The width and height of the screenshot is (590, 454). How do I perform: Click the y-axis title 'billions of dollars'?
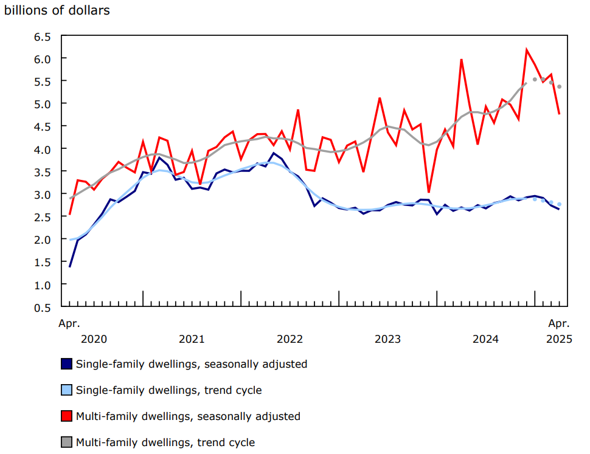coord(57,11)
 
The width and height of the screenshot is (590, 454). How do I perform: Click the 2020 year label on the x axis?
coord(94,339)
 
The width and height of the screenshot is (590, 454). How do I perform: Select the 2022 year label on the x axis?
coord(290,339)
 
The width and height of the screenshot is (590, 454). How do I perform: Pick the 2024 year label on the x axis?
coord(485,339)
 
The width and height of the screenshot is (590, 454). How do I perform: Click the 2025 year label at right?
coord(559,339)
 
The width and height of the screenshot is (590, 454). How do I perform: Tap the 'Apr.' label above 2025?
coord(559,323)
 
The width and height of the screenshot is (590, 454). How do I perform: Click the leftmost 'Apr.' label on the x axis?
coord(69,323)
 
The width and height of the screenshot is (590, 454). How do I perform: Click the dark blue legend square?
coord(66,364)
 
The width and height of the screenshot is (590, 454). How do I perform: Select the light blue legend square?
coord(66,390)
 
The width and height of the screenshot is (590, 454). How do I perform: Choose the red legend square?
coord(66,416)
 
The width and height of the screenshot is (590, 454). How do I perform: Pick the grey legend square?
coord(66,442)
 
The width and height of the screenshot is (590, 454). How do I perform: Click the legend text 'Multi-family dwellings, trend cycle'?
coord(165,442)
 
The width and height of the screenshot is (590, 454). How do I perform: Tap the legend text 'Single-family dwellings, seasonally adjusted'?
coord(192,364)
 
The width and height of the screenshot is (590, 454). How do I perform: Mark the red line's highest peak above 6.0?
coord(527,50)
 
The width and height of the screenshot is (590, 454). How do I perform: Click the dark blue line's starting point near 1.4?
coord(69,266)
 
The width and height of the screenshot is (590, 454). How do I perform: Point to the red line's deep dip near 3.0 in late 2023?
coord(429,192)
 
